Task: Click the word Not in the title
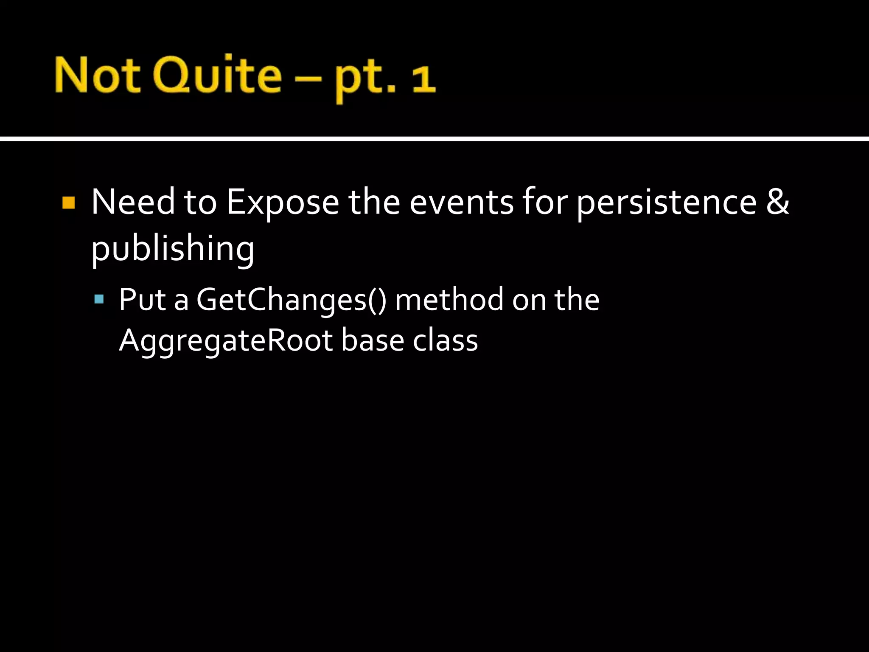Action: pyautogui.click(x=98, y=76)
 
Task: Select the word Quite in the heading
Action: pyautogui.click(x=217, y=76)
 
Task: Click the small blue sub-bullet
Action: pyautogui.click(x=99, y=299)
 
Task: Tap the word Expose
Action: pyautogui.click(x=283, y=203)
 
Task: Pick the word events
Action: pyautogui.click(x=462, y=203)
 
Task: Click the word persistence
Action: pyautogui.click(x=667, y=203)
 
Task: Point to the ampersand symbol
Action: pyautogui.click(x=777, y=202)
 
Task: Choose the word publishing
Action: pyautogui.click(x=173, y=249)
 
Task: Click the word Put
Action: pyautogui.click(x=143, y=300)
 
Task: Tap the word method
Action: pyautogui.click(x=449, y=300)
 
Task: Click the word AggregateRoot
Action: pyautogui.click(x=226, y=341)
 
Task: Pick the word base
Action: pyautogui.click(x=373, y=340)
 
